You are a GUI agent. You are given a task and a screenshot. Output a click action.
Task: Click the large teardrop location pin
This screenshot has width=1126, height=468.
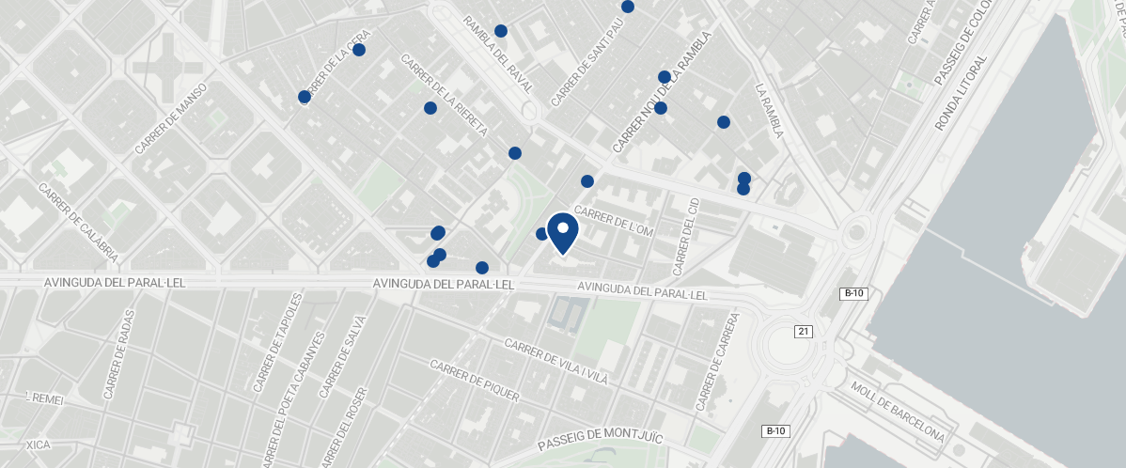562,232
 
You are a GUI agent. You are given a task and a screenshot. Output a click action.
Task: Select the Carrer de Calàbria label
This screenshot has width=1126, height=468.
78,222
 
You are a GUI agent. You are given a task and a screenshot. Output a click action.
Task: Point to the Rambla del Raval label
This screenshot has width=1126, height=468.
498,54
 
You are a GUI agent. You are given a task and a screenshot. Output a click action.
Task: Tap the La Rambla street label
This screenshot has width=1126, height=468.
769,111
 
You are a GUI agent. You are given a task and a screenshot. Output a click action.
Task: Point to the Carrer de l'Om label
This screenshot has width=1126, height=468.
613,223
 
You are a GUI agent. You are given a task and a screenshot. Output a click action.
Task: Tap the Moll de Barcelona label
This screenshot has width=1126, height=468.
897,413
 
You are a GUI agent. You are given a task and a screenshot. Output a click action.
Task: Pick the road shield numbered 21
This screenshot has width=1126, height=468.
803,332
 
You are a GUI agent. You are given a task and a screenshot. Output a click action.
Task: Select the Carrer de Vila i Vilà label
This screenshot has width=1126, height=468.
556,362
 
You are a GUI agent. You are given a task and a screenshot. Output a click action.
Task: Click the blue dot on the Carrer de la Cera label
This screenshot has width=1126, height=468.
358,50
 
